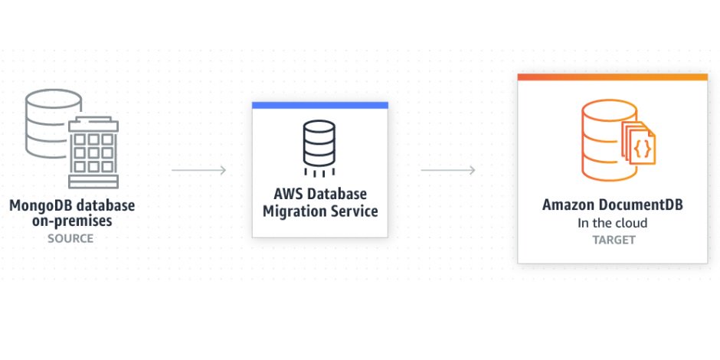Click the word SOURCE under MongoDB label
click(x=71, y=238)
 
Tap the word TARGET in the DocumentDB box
click(x=614, y=240)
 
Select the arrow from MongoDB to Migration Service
click(x=198, y=170)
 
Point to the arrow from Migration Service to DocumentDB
click(x=448, y=170)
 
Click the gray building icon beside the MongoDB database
click(x=93, y=152)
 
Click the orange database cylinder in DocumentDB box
click(x=603, y=139)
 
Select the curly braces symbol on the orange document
click(x=643, y=144)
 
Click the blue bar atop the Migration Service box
click(x=320, y=105)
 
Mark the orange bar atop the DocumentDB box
click(x=612, y=77)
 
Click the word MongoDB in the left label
click(x=38, y=205)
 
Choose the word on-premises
click(x=71, y=221)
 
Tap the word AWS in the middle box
click(x=288, y=194)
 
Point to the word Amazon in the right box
click(x=571, y=205)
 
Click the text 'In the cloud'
click(x=612, y=223)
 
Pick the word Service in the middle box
click(x=355, y=211)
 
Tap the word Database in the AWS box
click(x=336, y=194)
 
